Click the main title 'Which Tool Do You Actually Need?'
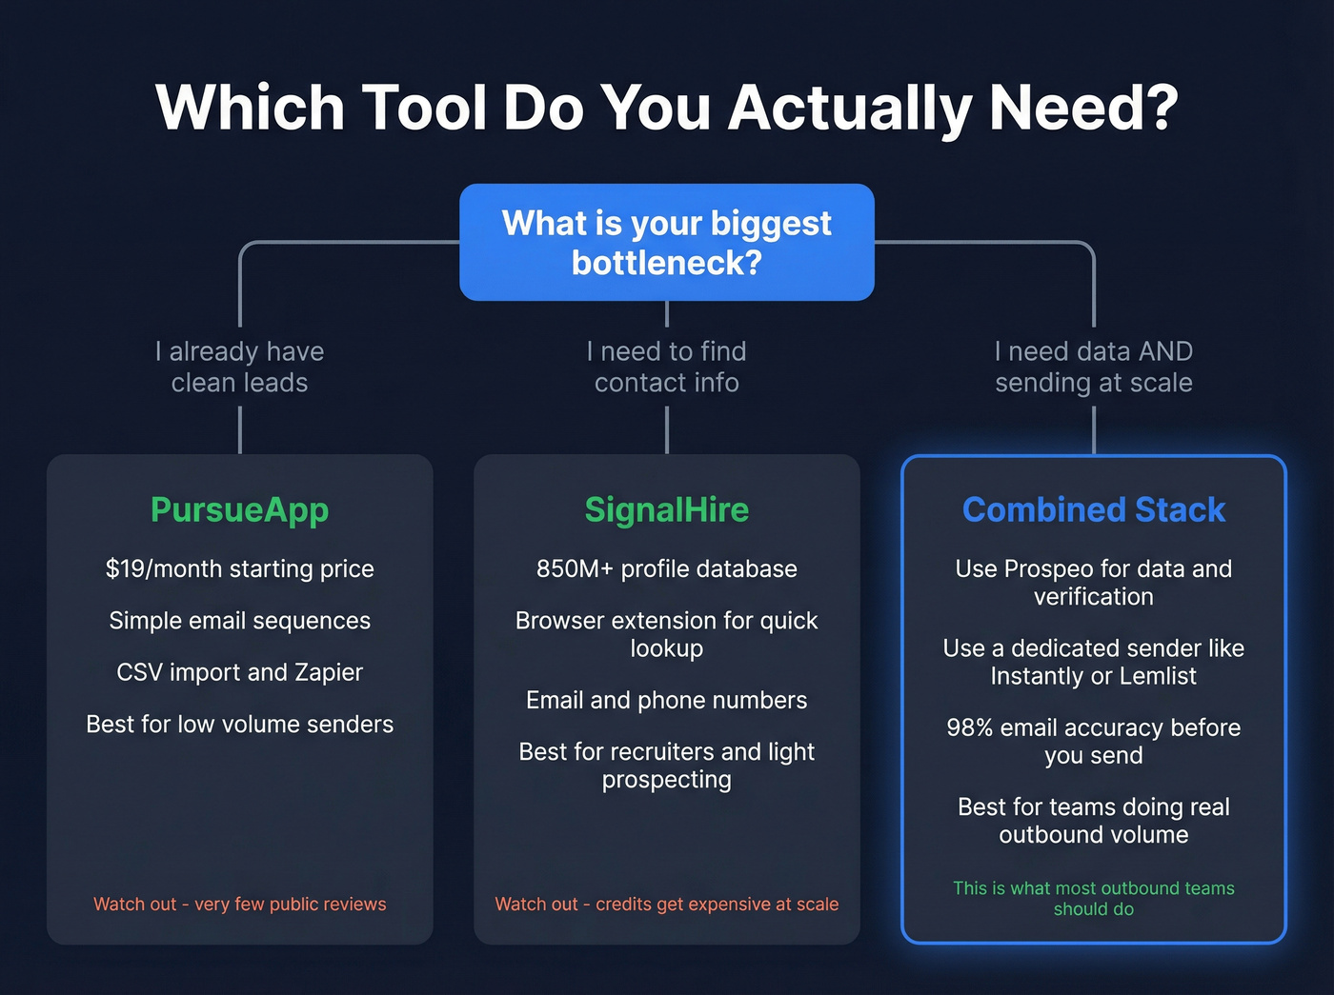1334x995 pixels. (x=667, y=107)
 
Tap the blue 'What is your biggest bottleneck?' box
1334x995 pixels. (x=667, y=243)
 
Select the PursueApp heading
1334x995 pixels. (x=240, y=510)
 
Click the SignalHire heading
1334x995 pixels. (x=667, y=510)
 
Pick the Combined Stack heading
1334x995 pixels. (x=1094, y=510)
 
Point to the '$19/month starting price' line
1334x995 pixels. (x=240, y=569)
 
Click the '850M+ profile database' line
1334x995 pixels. (x=667, y=569)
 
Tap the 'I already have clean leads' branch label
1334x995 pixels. (x=240, y=367)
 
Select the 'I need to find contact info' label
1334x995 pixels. (x=667, y=367)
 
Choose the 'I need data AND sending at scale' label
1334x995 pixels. (x=1094, y=367)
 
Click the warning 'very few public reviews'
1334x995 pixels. (x=240, y=905)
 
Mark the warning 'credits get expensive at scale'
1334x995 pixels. (x=667, y=905)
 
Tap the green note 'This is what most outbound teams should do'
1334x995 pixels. (x=1094, y=898)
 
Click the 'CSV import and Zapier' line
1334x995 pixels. (x=240, y=672)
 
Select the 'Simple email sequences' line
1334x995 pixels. (x=240, y=621)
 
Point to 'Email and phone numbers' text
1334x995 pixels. (x=667, y=701)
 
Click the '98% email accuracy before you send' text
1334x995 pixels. (x=1094, y=742)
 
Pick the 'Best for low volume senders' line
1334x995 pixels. (x=240, y=725)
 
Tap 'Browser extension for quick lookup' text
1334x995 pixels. (x=667, y=634)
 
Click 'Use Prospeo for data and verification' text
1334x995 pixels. (x=1094, y=583)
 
